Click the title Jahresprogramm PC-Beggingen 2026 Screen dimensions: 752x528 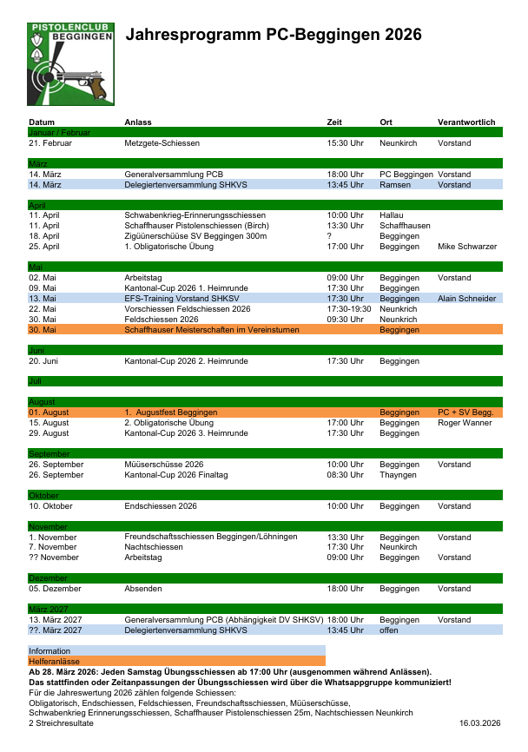click(x=274, y=35)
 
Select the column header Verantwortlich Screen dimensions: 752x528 click(x=466, y=122)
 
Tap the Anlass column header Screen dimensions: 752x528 click(x=138, y=122)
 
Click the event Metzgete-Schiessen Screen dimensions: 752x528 click(x=162, y=142)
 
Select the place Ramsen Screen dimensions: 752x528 click(x=395, y=185)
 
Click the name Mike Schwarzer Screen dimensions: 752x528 click(x=467, y=247)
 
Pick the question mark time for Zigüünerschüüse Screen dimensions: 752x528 click(x=329, y=236)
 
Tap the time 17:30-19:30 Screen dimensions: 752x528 click(x=348, y=308)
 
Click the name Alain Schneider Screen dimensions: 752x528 click(x=466, y=299)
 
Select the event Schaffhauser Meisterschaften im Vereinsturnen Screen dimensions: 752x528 click(x=212, y=330)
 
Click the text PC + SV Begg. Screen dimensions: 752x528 click(x=465, y=412)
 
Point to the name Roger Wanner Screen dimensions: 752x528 click(x=465, y=423)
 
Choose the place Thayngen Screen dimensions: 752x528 click(x=398, y=475)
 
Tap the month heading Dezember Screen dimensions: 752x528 click(x=48, y=577)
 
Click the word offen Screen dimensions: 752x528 click(x=390, y=630)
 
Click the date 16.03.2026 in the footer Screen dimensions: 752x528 click(x=480, y=723)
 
